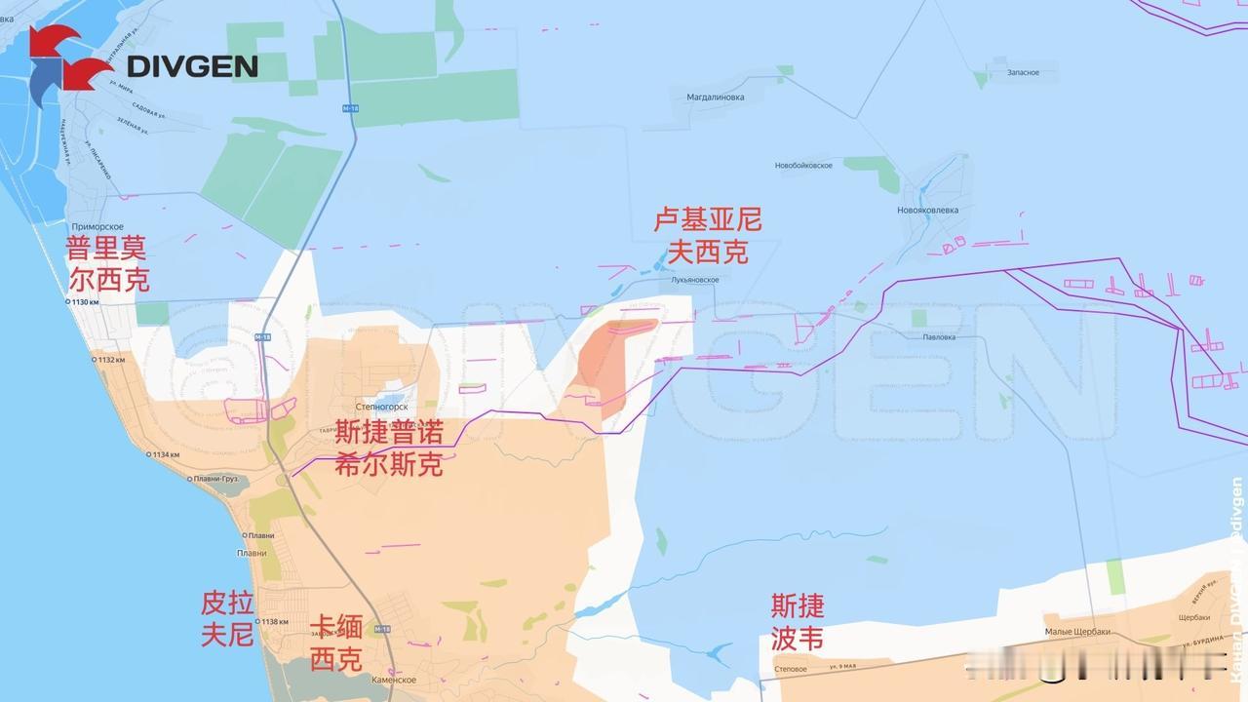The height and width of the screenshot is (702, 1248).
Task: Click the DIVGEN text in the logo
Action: tap(193, 65)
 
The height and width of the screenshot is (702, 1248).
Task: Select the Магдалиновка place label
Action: tap(715, 97)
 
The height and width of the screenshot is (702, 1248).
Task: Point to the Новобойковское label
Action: tap(803, 166)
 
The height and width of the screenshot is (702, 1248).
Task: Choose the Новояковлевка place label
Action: tap(927, 210)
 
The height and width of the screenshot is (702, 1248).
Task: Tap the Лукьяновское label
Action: tap(694, 280)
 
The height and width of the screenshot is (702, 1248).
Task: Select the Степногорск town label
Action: tap(381, 407)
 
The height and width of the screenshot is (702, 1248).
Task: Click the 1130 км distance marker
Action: tap(83, 303)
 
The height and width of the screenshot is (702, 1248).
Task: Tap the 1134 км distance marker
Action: tap(165, 454)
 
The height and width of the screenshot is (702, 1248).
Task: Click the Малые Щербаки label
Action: tap(1076, 632)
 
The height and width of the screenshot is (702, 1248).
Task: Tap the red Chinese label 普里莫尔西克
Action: tap(107, 263)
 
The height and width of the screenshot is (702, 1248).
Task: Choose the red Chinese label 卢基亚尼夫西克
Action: tap(707, 236)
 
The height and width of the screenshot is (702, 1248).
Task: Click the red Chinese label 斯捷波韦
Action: tap(798, 622)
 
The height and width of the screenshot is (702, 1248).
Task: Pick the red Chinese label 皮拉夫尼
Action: tap(227, 618)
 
